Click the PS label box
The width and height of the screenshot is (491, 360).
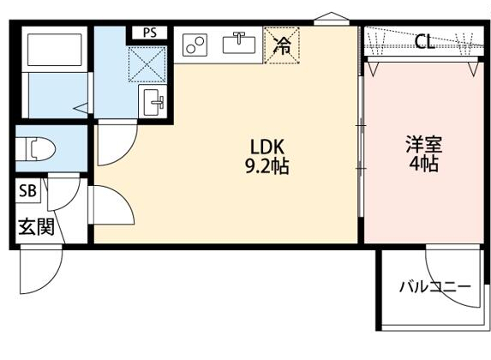click(151, 33)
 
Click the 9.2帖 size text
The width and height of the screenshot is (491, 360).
click(266, 165)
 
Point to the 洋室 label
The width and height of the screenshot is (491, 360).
click(423, 144)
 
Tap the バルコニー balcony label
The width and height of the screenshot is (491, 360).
click(434, 286)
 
